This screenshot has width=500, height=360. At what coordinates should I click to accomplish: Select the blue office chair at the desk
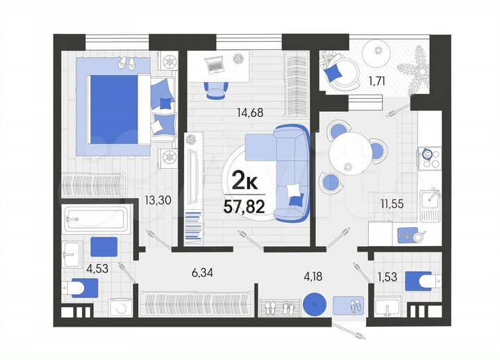pos(216,89)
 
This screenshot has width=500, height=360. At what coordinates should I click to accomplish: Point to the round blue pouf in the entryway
pos(312,304)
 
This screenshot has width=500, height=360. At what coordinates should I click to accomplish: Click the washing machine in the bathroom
pos(119,307)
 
